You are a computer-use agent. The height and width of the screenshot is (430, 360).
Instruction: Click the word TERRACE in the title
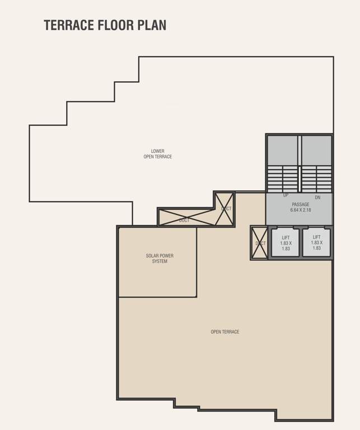pyautogui.click(x=69, y=25)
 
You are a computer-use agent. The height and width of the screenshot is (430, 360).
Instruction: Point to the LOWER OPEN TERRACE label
pyautogui.click(x=157, y=154)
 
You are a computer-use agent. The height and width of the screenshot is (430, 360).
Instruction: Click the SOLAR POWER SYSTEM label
pyautogui.click(x=160, y=259)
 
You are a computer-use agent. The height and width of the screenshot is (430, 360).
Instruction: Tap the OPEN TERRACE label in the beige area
pyautogui.click(x=225, y=332)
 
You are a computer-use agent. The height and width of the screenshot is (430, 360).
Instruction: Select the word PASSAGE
pyautogui.click(x=300, y=204)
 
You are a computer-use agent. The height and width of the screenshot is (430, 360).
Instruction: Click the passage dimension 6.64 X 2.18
pyautogui.click(x=300, y=211)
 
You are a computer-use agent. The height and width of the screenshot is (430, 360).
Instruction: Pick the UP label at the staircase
pyautogui.click(x=286, y=196)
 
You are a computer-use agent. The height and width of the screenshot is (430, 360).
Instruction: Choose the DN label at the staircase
pyautogui.click(x=317, y=198)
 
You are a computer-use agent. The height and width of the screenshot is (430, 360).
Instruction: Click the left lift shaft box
pyautogui.click(x=286, y=242)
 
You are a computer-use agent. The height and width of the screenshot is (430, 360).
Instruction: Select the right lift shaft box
pyautogui.click(x=316, y=242)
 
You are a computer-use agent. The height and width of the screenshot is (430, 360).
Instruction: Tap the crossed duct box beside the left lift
pyautogui.click(x=260, y=243)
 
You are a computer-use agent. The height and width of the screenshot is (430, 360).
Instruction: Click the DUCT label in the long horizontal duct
pyautogui.click(x=184, y=221)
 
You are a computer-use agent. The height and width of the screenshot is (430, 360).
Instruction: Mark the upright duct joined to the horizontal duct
pyautogui.click(x=225, y=208)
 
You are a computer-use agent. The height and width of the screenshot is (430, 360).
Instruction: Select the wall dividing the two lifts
pyautogui.click(x=301, y=242)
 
